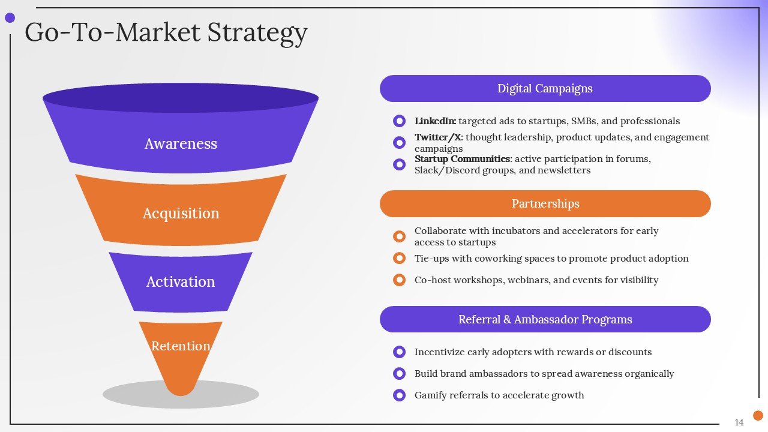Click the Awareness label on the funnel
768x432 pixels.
[x=181, y=144]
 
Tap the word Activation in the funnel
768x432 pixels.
[x=181, y=282]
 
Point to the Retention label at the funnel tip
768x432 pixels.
[x=181, y=346]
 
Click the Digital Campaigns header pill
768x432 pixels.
[x=545, y=89]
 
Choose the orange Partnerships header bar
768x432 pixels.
[x=545, y=204]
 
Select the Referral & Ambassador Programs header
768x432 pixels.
[x=545, y=319]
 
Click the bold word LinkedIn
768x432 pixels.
[x=435, y=121]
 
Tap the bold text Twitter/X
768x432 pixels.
[x=438, y=137]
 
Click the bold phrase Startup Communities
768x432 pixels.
[x=462, y=159]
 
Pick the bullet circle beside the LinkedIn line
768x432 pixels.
[x=399, y=121]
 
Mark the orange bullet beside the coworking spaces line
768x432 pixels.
[x=399, y=259]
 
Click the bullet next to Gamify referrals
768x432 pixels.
[x=399, y=395]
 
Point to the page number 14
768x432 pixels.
[x=739, y=422]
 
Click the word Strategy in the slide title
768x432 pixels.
[x=257, y=32]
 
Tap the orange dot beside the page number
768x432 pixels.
[x=758, y=415]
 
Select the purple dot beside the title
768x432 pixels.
[x=10, y=18]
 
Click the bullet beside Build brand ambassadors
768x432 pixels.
[x=399, y=374]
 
